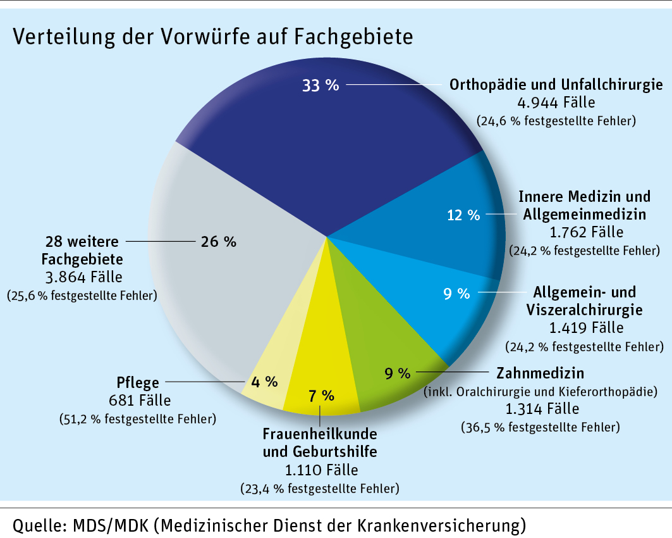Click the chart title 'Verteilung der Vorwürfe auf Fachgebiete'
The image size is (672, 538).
tap(212, 37)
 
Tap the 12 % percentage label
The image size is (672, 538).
tap(464, 215)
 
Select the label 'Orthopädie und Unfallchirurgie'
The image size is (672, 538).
tap(556, 85)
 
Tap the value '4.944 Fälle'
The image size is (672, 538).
tap(556, 102)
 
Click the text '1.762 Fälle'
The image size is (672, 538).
tap(585, 232)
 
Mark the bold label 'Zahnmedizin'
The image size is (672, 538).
tap(541, 372)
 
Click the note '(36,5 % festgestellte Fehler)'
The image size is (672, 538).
tap(541, 427)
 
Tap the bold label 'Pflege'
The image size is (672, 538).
tap(138, 383)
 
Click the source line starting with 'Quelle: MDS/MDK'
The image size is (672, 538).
tap(269, 525)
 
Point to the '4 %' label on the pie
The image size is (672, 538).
tap(264, 381)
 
